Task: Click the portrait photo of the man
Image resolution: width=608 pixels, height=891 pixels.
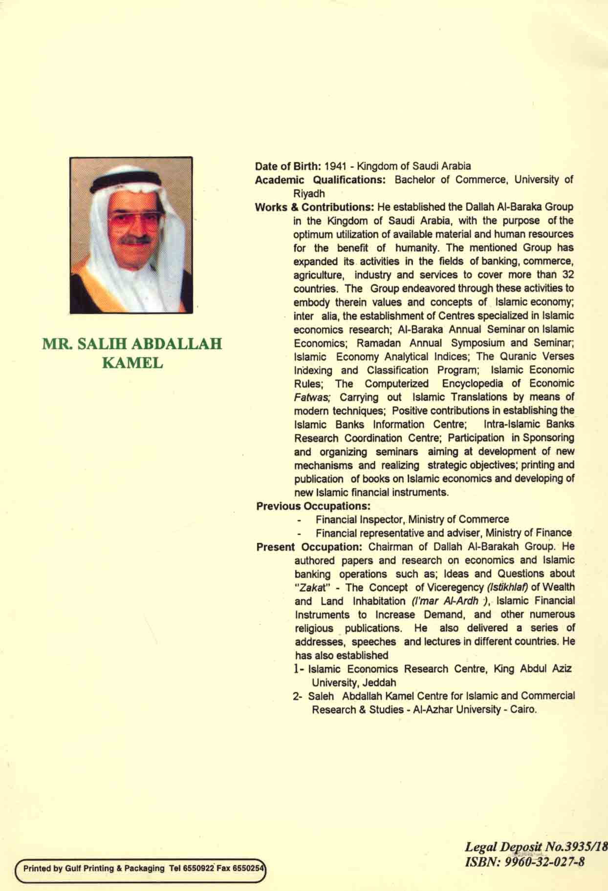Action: [131, 235]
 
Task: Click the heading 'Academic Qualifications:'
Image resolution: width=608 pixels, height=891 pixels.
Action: [321, 180]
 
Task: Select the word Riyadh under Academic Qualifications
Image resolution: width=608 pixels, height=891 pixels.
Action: [309, 193]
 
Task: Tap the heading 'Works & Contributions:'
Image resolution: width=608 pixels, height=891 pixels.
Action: [314, 207]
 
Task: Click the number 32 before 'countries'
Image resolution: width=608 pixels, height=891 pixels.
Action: [567, 274]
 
